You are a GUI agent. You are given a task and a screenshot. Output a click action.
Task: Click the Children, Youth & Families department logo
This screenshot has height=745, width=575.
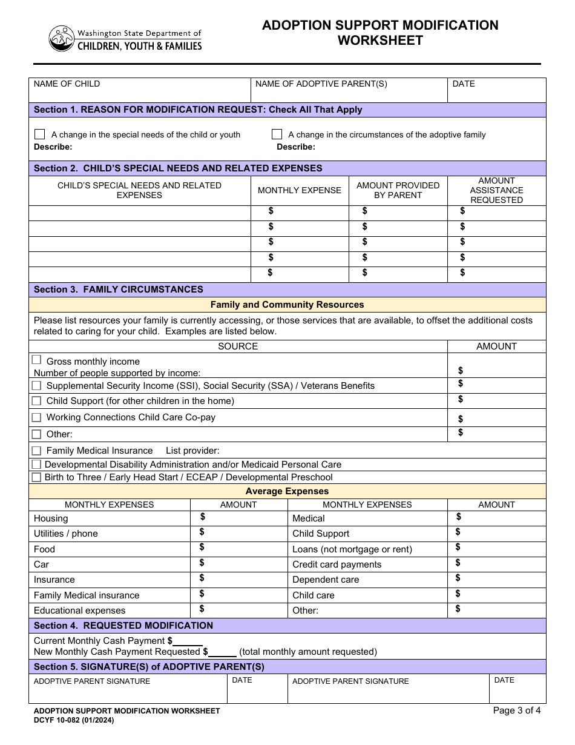coord(125,39)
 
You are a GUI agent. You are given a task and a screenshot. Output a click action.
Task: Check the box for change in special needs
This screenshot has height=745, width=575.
coord(40,134)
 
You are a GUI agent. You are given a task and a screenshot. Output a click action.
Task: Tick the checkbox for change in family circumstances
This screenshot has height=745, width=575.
coord(277,134)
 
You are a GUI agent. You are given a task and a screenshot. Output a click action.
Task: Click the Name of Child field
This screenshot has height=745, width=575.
coord(139,90)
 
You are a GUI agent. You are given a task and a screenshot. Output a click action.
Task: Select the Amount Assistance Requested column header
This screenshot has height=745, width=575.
coord(496,190)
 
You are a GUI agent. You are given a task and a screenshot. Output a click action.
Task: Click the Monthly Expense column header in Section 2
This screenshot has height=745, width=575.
coord(300,190)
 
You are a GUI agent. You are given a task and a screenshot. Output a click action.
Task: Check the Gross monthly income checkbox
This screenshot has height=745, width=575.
coord(36,360)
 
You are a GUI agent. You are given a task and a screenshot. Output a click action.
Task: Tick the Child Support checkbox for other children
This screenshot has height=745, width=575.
coord(36,401)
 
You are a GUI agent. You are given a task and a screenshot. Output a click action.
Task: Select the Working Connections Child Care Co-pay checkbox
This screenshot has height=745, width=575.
coord(36,417)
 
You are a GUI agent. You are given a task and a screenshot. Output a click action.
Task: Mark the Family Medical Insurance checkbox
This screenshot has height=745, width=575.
coord(36,451)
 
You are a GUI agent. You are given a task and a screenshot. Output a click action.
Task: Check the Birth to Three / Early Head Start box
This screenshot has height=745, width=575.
coord(36,477)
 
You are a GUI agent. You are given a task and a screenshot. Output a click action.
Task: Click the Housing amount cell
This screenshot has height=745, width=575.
coord(238,518)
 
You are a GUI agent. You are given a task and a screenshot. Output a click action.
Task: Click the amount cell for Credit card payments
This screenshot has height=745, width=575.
coord(496,564)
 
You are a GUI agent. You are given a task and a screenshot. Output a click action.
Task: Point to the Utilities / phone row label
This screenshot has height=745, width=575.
coord(65,534)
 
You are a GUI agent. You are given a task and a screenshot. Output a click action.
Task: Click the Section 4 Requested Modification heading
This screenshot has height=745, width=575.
coord(123,626)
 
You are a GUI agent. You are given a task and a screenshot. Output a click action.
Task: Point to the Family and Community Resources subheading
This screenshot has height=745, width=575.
coord(287,305)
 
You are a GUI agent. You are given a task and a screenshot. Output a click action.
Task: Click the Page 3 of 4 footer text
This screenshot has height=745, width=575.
coord(517,710)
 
